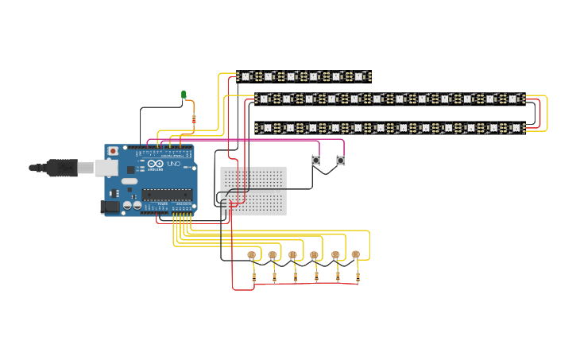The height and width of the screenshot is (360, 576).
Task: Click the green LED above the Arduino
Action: click(x=184, y=95)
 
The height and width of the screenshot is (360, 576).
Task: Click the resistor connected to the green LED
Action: click(x=194, y=119)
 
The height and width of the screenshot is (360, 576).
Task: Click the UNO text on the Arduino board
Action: click(x=173, y=164)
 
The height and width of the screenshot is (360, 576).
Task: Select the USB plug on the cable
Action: click(x=61, y=168)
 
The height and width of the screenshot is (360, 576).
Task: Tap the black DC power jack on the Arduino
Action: click(x=110, y=207)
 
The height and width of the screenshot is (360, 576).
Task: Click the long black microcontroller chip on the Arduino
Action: click(x=168, y=193)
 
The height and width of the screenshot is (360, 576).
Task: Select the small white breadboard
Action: click(x=253, y=191)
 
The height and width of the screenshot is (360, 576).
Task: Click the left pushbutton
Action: click(x=315, y=161)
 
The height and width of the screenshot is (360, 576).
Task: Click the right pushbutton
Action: click(x=340, y=161)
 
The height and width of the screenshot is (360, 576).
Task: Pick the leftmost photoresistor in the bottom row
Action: click(x=252, y=255)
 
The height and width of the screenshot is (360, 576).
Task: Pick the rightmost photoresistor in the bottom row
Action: click(x=355, y=255)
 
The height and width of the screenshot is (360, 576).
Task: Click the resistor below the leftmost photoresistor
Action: click(x=253, y=277)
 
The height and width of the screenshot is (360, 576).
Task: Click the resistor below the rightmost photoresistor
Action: click(x=358, y=277)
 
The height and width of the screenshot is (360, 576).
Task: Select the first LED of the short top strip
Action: click(x=245, y=76)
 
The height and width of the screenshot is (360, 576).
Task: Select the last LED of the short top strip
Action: click(x=359, y=76)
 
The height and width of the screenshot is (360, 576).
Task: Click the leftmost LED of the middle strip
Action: click(x=264, y=99)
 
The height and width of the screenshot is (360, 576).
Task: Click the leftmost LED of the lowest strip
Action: click(x=267, y=127)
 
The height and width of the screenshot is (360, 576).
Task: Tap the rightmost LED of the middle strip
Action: click(x=513, y=99)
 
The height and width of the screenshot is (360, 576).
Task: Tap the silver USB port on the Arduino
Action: click(x=106, y=168)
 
